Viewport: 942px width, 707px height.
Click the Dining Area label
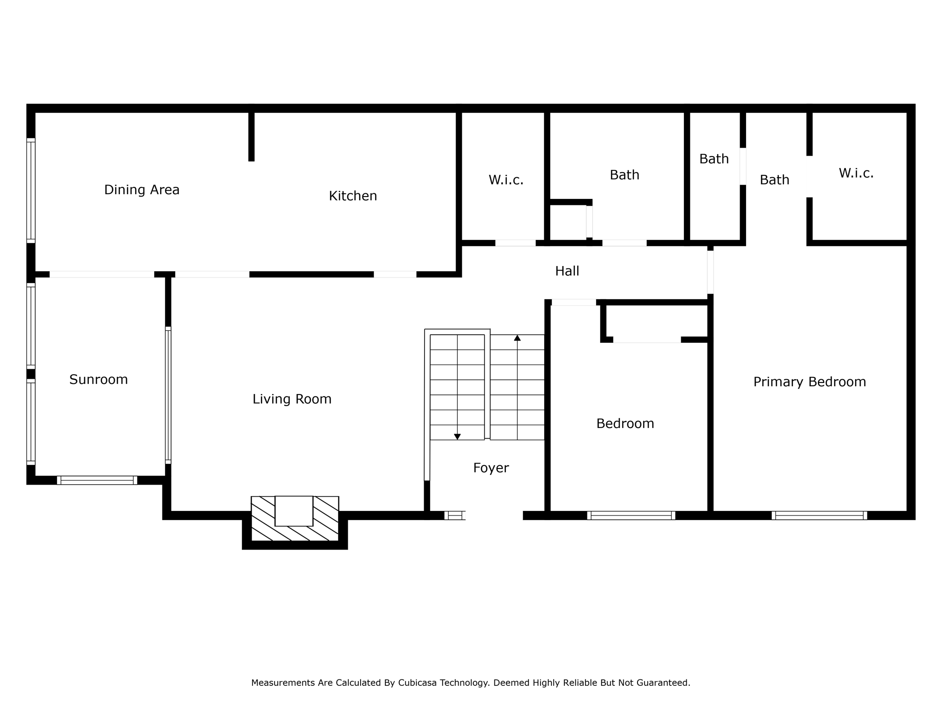[x=142, y=190]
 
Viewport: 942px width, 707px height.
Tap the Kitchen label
[x=353, y=196]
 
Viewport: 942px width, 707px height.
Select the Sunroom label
[x=98, y=380]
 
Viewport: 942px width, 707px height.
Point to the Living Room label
[x=292, y=399]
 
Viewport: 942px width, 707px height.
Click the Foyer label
[x=491, y=468]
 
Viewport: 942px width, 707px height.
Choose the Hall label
[x=567, y=271]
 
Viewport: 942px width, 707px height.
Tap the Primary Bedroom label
[x=809, y=382]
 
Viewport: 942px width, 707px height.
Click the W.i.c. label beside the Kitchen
[x=506, y=180]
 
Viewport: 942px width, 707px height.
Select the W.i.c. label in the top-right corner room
[x=856, y=173]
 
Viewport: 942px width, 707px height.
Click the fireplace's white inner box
[x=294, y=511]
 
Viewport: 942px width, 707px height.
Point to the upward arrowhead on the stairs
[x=517, y=338]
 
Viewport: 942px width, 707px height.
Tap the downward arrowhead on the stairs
[x=457, y=436]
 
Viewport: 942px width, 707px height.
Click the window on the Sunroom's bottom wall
[x=97, y=480]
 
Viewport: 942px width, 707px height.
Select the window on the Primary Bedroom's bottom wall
[x=819, y=516]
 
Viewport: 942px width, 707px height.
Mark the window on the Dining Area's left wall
[x=31, y=190]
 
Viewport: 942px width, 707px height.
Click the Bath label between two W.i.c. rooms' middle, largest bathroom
[x=624, y=175]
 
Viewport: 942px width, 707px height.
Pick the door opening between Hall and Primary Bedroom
[x=710, y=272]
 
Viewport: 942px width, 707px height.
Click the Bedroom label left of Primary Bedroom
[x=625, y=423]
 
